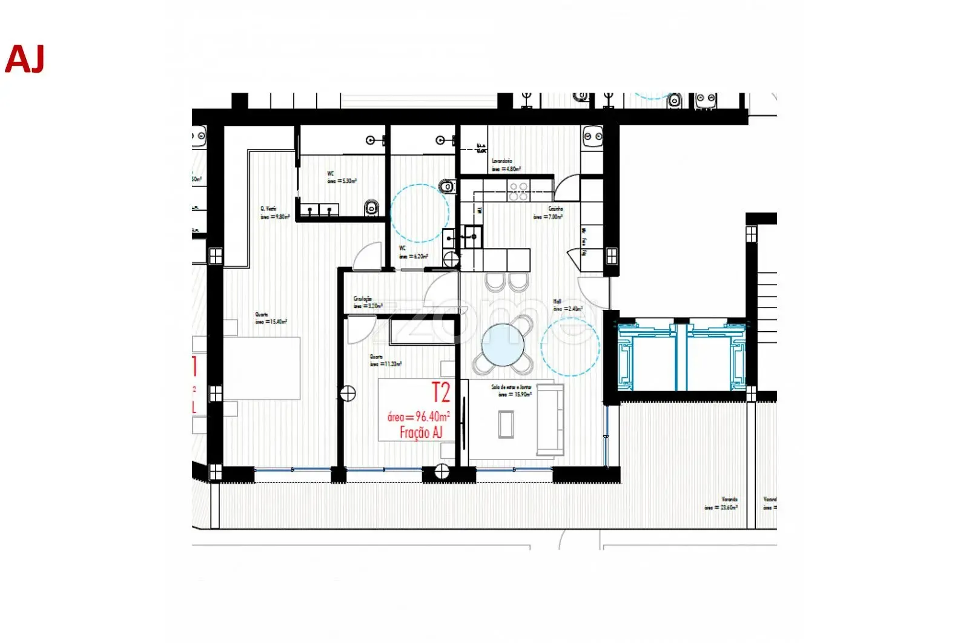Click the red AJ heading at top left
click(25, 59)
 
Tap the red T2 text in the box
click(440, 393)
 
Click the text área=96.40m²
click(418, 417)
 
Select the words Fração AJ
click(421, 432)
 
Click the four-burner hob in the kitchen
click(518, 191)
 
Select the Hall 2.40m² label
click(567, 305)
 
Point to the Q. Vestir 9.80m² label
click(274, 213)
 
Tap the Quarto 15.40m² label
click(270, 318)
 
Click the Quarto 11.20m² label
click(385, 361)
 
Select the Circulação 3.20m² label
click(367, 302)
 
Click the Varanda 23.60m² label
click(721, 504)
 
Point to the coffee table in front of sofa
click(506, 424)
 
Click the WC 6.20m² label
click(412, 252)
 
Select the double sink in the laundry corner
click(592, 137)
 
